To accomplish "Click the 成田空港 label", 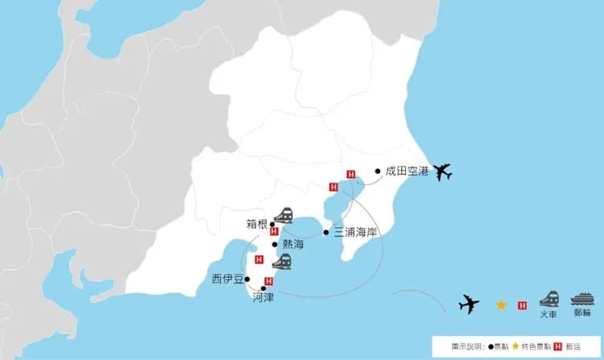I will tap(407, 171).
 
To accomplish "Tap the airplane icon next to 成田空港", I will tap(442, 172).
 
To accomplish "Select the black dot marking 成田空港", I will tap(378, 171).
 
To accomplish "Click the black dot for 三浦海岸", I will tap(326, 232).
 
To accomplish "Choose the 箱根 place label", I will tap(257, 224).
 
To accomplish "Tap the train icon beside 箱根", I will tap(283, 215).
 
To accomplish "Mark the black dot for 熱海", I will tap(275, 244).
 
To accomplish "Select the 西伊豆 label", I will tap(226, 279).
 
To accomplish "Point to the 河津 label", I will tap(263, 296).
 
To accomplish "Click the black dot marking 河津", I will tap(263, 288).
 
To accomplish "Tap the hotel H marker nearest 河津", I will tap(269, 280).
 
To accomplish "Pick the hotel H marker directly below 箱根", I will tap(275, 232).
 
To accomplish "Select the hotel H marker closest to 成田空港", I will tap(350, 174).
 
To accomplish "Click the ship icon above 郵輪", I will tap(581, 298).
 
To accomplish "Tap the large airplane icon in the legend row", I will tap(468, 304).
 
